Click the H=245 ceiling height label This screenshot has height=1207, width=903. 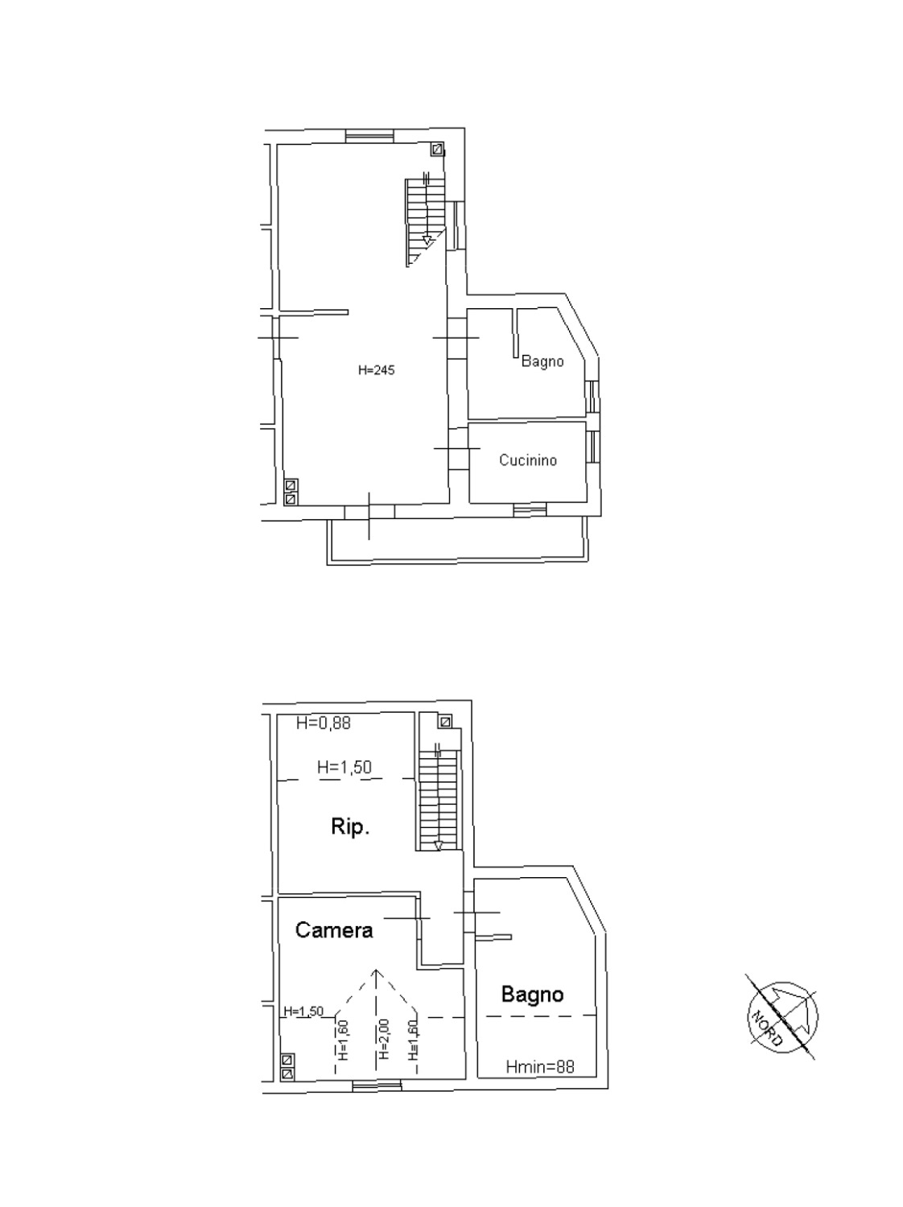[x=376, y=370]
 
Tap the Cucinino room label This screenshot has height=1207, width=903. [x=528, y=459]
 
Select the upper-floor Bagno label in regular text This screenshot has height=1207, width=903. [x=542, y=361]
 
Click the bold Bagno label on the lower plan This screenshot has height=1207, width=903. [x=532, y=995]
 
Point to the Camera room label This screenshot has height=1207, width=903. [x=334, y=930]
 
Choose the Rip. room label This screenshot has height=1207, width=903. [x=350, y=826]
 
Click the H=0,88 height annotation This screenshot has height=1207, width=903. [x=324, y=723]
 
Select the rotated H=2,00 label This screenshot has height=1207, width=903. [x=385, y=1039]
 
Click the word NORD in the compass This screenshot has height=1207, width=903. [x=767, y=1027]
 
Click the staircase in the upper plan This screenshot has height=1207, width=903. [x=426, y=223]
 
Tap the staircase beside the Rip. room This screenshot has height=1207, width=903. [x=439, y=797]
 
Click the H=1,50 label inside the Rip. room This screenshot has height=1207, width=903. [x=344, y=767]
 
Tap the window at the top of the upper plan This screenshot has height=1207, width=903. [x=369, y=136]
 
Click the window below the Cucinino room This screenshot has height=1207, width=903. [x=530, y=510]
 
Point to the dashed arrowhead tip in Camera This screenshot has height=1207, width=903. [x=376, y=969]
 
